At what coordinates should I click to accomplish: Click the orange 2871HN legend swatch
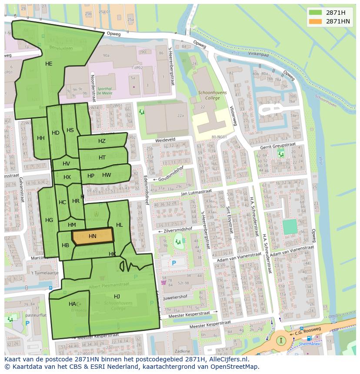pyautogui.click(x=316, y=21)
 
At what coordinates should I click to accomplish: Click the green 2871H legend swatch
pyautogui.click(x=316, y=13)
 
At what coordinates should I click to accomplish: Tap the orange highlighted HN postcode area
pyautogui.click(x=93, y=236)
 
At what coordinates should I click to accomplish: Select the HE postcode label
pyautogui.click(x=49, y=64)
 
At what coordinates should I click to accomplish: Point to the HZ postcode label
pyautogui.click(x=102, y=141)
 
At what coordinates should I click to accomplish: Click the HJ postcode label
pyautogui.click(x=117, y=296)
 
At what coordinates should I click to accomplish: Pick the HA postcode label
pyautogui.click(x=72, y=304)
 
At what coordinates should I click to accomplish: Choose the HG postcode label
pyautogui.click(x=49, y=220)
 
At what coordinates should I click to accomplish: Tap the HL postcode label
pyautogui.click(x=120, y=225)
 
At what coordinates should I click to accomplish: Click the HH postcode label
pyautogui.click(x=41, y=138)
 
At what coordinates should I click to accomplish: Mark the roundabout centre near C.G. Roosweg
pyautogui.click(x=281, y=341)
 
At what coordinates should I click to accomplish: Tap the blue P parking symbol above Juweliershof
pyautogui.click(x=174, y=263)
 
